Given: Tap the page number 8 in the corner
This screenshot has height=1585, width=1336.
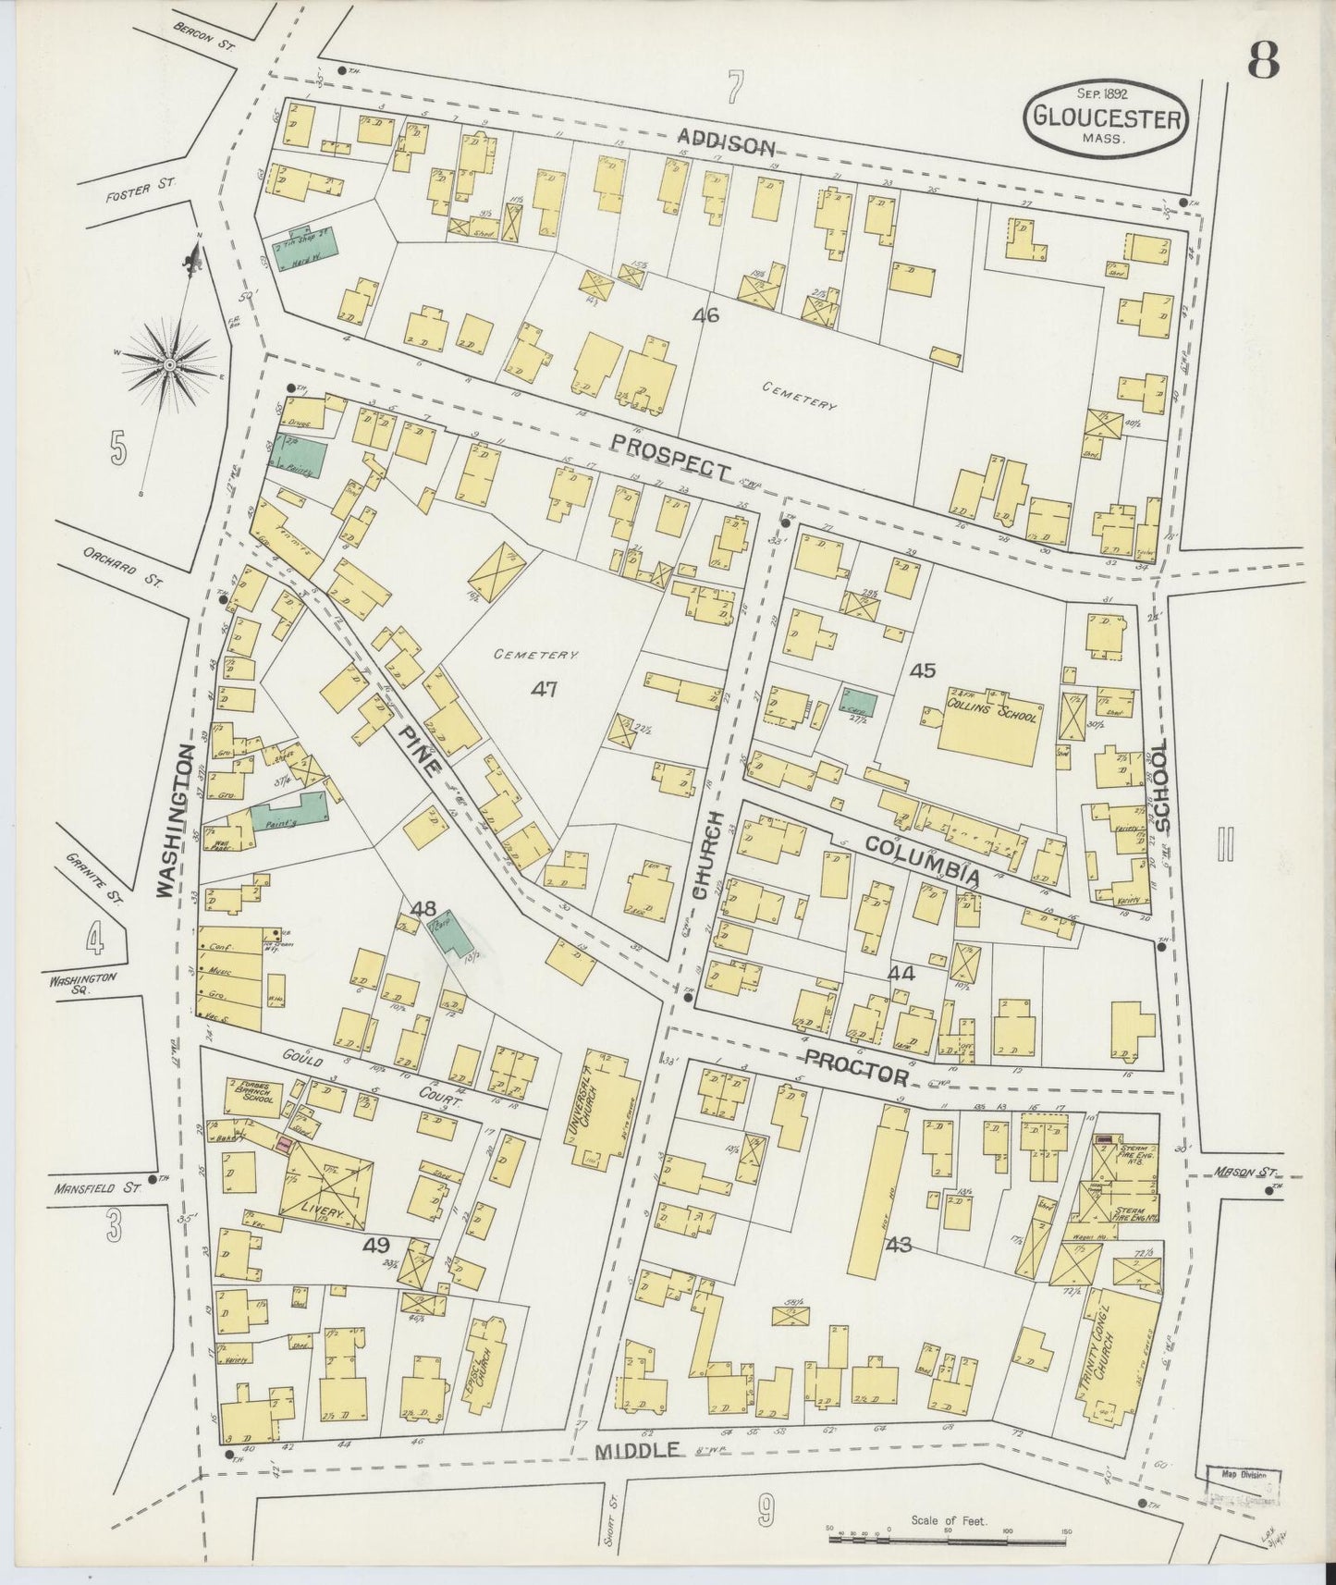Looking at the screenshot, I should [1263, 62].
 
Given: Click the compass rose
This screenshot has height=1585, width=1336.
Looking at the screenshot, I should [170, 366].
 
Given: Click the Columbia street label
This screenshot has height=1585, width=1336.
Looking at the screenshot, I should [922, 859].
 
